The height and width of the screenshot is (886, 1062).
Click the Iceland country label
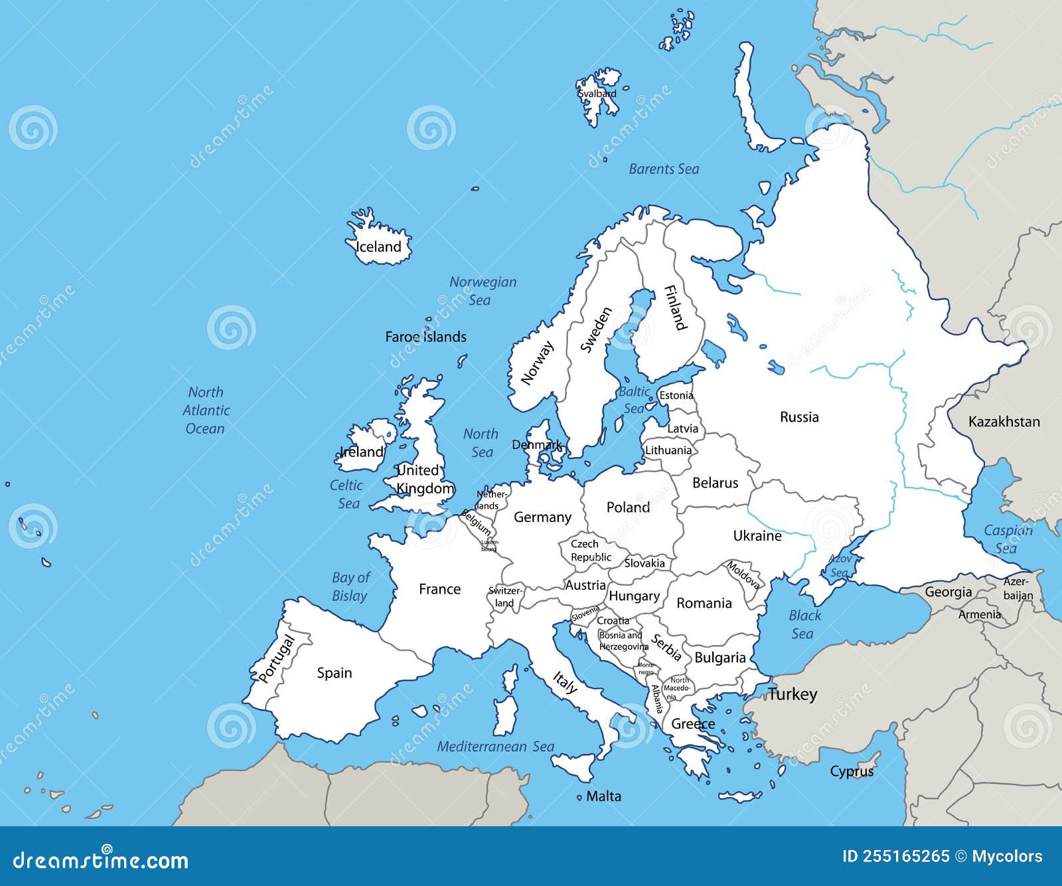[x=378, y=247]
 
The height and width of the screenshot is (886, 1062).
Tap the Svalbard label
[x=597, y=94]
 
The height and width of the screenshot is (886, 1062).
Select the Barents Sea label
[x=664, y=169]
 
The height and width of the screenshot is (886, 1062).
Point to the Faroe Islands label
[x=425, y=337]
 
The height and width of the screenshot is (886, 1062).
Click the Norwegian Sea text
[x=483, y=291]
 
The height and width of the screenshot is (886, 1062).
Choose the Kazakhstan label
[x=1004, y=422]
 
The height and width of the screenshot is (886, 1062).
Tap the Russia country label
[x=799, y=417]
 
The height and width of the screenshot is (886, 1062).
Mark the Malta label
[x=603, y=796]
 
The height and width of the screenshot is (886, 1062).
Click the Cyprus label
[x=852, y=772]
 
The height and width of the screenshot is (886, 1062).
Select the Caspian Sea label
[x=1008, y=539]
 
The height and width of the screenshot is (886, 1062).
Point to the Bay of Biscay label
[x=350, y=586]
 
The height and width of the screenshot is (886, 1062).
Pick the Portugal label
[x=276, y=658]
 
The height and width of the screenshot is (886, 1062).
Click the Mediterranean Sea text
[x=495, y=747]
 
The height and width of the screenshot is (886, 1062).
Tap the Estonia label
[x=676, y=395]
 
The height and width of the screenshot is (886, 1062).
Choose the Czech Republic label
[x=590, y=551]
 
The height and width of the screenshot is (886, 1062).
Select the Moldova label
[x=743, y=575]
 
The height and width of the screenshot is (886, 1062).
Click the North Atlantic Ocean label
[x=206, y=410]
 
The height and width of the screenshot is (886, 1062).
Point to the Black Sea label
[x=804, y=624]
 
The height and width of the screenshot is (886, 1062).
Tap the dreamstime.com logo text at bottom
[x=101, y=860]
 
